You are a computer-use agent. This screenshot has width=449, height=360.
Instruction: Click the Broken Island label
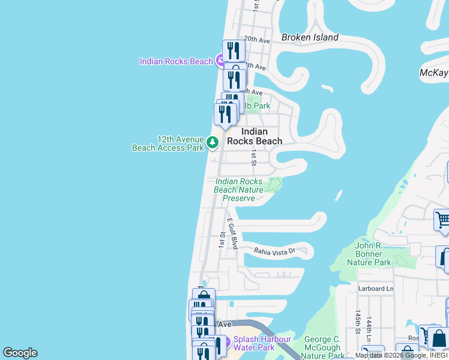(310, 37)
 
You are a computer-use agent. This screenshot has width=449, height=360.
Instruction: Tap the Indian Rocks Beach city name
(261, 136)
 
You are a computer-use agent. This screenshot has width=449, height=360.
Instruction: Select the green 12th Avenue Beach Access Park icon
(212, 142)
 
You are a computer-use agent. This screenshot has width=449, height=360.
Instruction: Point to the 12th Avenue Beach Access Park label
(168, 143)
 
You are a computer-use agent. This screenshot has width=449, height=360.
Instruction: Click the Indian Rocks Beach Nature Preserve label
(239, 190)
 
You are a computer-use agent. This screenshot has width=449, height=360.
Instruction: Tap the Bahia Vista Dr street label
(275, 251)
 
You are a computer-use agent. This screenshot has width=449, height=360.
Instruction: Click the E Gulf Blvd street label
(232, 234)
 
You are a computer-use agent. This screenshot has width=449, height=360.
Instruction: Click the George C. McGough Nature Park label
(322, 347)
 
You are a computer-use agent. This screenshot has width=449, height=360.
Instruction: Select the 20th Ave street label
(257, 40)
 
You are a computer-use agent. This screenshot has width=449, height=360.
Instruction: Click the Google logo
(20, 353)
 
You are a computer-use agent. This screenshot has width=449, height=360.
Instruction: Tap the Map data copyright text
(401, 356)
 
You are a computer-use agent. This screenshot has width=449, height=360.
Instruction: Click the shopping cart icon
(441, 220)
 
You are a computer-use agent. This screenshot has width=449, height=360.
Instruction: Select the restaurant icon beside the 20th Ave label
(234, 50)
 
